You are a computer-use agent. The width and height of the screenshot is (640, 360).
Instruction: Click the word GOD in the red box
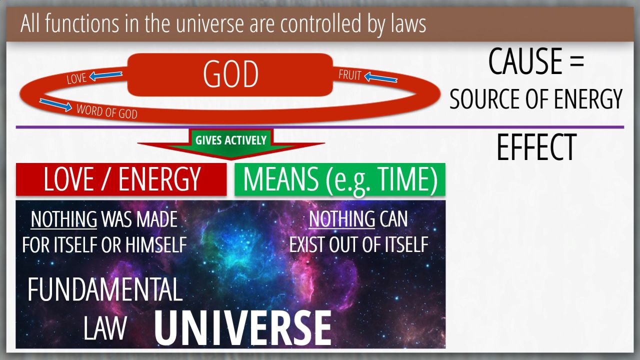click(x=231, y=74)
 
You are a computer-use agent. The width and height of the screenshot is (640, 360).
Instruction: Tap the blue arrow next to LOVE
click(x=105, y=75)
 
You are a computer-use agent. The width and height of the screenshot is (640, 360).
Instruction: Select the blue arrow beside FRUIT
click(x=381, y=77)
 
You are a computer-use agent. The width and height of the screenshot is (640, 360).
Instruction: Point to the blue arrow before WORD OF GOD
click(x=55, y=105)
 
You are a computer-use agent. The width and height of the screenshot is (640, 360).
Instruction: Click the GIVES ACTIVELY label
click(x=231, y=140)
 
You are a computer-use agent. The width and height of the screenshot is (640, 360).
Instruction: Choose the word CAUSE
click(x=525, y=61)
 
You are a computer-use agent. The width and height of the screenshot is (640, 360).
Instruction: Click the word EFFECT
click(x=536, y=147)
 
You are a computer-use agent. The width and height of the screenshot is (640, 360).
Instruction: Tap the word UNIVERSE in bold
click(x=243, y=328)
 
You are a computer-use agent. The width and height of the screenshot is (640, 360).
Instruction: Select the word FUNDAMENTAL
click(x=105, y=289)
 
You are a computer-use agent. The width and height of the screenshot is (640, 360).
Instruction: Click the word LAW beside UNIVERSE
click(x=105, y=328)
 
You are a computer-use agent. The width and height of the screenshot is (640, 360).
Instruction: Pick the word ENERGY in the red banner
click(x=159, y=179)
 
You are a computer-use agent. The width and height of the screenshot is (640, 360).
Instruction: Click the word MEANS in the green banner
click(x=281, y=179)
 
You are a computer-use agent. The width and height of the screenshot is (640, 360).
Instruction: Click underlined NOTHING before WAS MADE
click(x=64, y=219)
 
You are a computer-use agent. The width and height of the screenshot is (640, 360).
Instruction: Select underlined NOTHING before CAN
click(x=342, y=219)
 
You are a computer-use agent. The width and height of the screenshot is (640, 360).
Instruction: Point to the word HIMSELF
click(x=156, y=245)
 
